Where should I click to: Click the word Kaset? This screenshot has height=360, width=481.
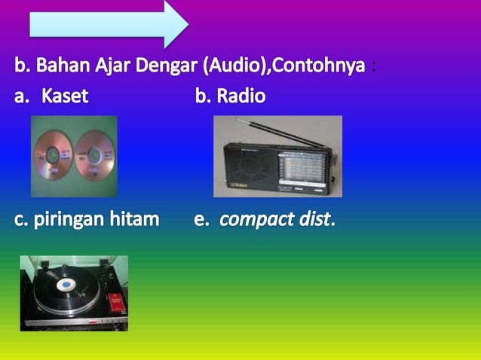[x=65, y=96]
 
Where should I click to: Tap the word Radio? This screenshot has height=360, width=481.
[x=240, y=96]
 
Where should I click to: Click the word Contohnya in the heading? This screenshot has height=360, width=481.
[x=320, y=66]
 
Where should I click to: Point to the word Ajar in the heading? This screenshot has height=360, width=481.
[x=106, y=66]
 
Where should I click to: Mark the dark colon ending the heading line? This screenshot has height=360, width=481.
[x=374, y=68]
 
